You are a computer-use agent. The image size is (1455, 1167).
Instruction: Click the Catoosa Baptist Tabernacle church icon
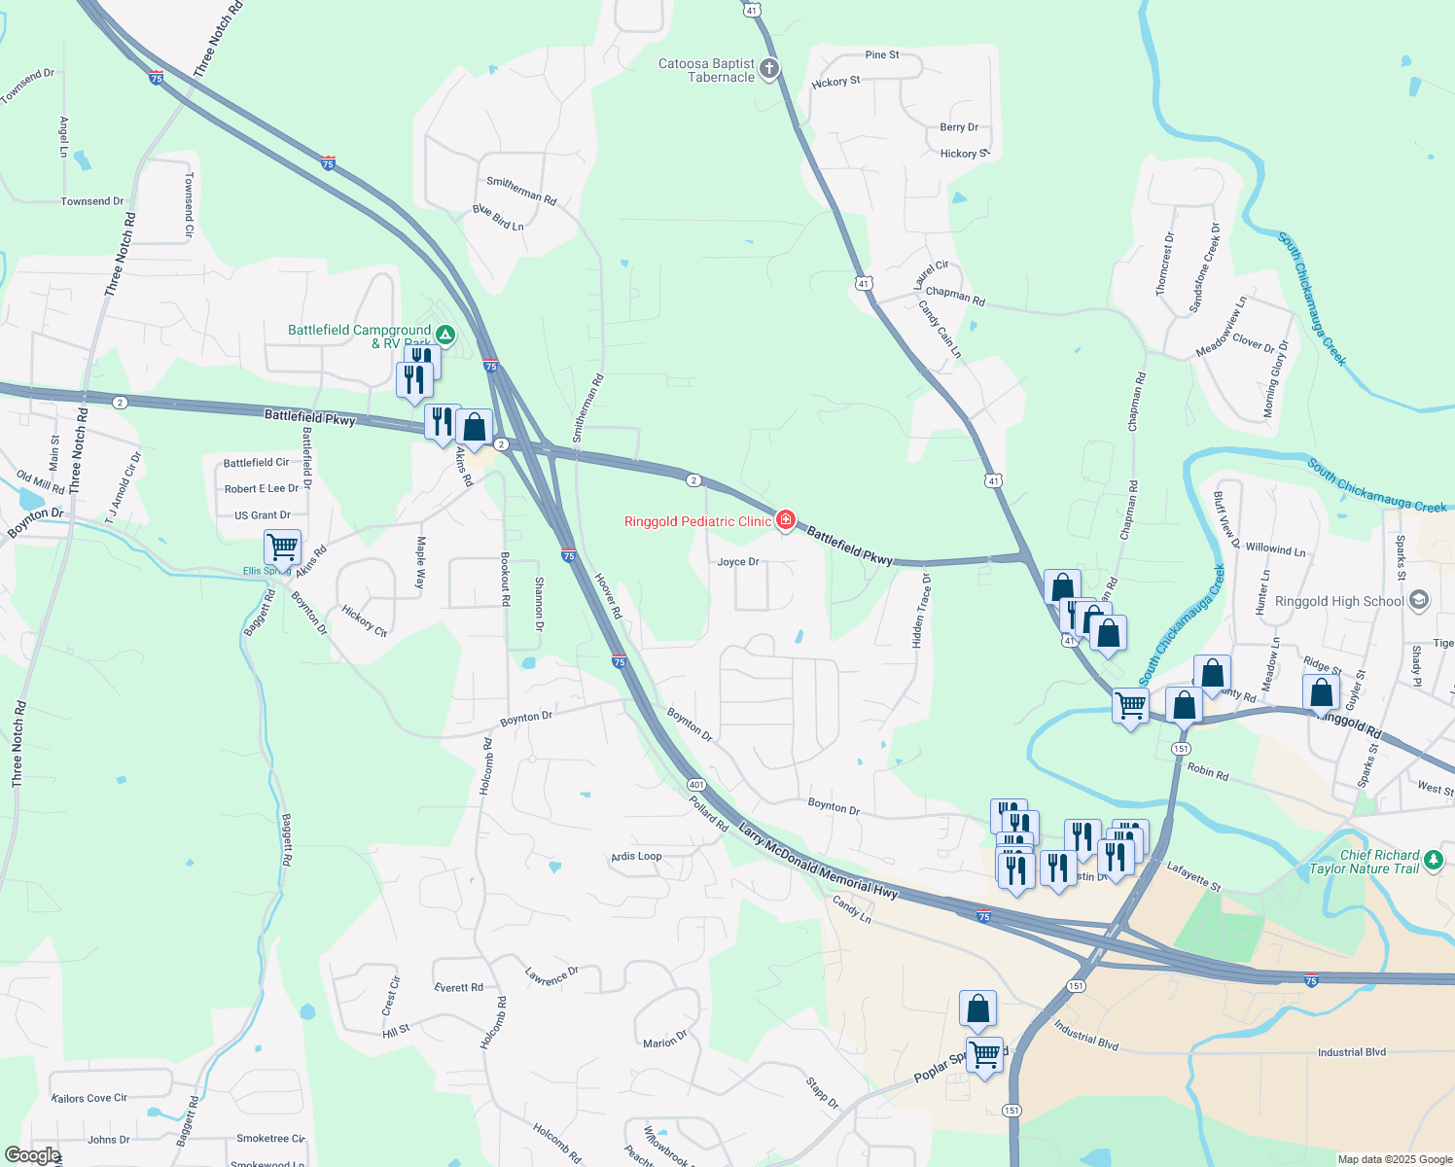click(x=769, y=68)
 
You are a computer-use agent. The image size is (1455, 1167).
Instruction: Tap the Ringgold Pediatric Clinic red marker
click(x=785, y=520)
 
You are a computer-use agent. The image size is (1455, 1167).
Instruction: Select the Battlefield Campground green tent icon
click(x=444, y=335)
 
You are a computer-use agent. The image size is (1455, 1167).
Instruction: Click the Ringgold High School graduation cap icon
click(x=1419, y=600)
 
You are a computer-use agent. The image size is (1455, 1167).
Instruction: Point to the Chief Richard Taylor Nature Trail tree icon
click(x=1433, y=859)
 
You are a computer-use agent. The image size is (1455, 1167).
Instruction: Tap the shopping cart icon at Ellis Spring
click(x=282, y=547)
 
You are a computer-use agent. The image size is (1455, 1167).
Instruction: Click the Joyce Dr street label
click(x=738, y=562)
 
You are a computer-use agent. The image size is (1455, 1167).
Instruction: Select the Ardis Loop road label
click(x=636, y=857)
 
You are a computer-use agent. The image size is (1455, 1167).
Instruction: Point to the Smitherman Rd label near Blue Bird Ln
click(x=521, y=190)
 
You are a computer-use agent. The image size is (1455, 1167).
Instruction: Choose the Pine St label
click(x=882, y=55)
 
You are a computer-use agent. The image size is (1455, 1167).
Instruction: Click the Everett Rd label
click(x=458, y=988)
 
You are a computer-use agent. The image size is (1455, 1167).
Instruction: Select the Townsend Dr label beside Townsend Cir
click(x=92, y=201)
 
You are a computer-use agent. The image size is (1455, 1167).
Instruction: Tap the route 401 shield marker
click(x=695, y=785)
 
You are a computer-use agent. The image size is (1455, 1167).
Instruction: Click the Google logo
click(x=32, y=1155)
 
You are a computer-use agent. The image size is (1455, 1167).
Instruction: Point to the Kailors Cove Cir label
click(x=89, y=1098)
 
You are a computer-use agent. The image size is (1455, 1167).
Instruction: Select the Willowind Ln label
click(x=1275, y=549)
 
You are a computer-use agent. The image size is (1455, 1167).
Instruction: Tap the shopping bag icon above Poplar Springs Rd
click(x=977, y=1009)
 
